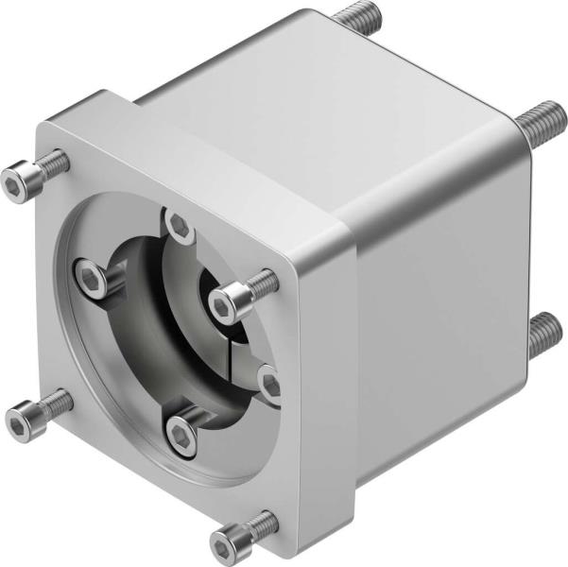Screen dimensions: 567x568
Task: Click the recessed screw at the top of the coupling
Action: tap(178, 225)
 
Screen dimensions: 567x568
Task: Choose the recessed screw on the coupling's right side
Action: tap(271, 383)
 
